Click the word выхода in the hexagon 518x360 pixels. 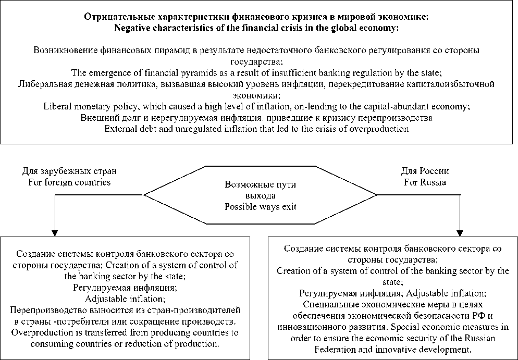(x=259, y=195)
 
